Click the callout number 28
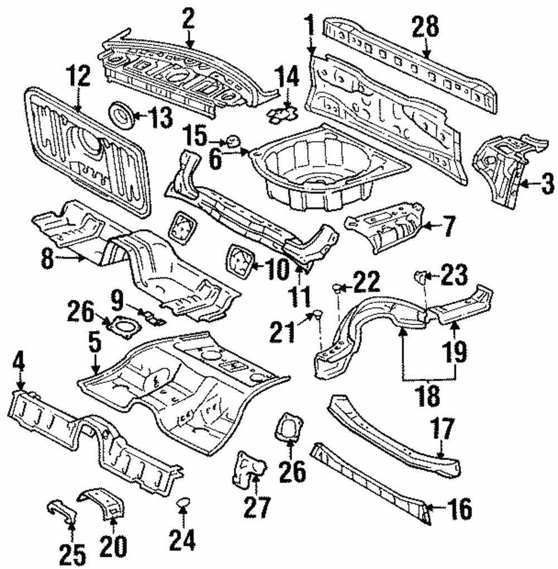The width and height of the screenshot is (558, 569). click(x=425, y=28)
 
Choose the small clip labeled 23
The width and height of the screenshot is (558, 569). click(x=422, y=276)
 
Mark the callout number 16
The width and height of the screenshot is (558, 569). click(x=459, y=509)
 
